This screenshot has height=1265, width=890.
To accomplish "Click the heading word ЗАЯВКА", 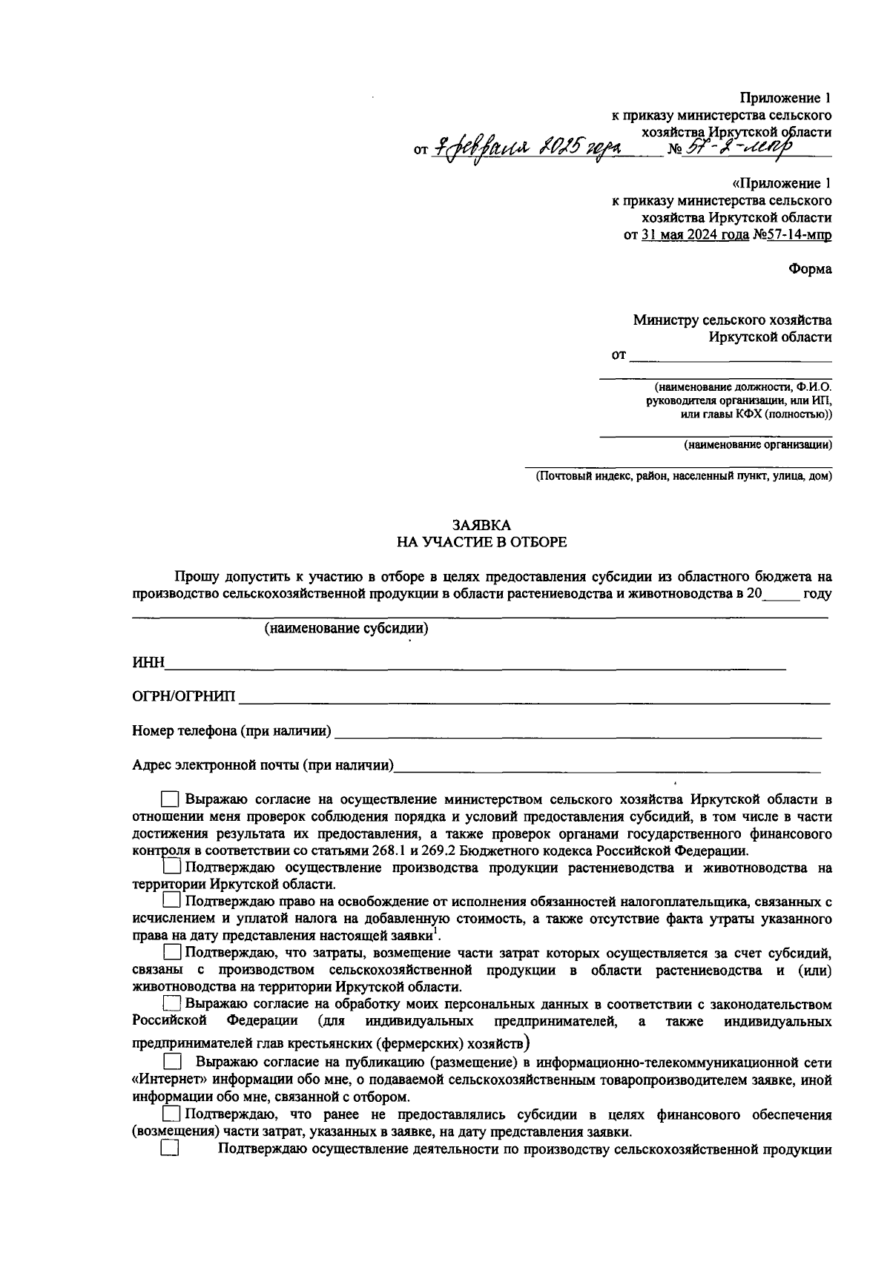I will click(481, 525).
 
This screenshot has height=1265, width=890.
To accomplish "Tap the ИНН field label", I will click(148, 662).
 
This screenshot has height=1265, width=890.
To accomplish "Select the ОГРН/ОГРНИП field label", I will click(183, 696).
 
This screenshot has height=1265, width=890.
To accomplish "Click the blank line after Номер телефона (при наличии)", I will click(578, 733).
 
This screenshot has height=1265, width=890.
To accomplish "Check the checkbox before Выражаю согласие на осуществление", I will click(170, 799).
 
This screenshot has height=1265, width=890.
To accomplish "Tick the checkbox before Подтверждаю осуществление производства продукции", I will click(171, 866).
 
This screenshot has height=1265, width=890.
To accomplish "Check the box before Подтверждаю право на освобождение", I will click(171, 901).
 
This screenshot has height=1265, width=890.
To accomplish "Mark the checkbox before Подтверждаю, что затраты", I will click(171, 951).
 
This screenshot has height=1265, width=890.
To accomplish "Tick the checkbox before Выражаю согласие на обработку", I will click(171, 1003).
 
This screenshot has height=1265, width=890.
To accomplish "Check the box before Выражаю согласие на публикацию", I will click(171, 1062).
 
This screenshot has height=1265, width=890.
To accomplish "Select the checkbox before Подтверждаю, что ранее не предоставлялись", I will click(171, 1114).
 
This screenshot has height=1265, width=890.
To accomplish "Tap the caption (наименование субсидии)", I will click(346, 629).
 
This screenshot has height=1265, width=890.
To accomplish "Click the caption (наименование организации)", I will click(756, 445).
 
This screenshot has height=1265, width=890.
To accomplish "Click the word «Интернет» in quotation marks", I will click(165, 1080).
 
